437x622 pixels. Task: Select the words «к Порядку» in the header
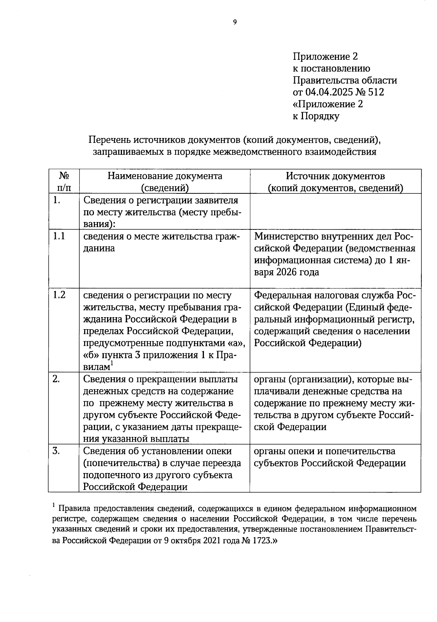(x=316, y=116)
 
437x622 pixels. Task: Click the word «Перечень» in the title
(x=110, y=140)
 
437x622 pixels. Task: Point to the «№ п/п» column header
(x=64, y=181)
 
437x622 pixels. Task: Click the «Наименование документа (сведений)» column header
(x=165, y=181)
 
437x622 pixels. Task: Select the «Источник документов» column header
(x=335, y=176)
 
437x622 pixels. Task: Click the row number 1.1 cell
(x=59, y=236)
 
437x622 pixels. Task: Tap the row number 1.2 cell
(x=59, y=295)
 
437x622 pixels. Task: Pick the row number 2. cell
(x=56, y=379)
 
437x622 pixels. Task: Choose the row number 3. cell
(x=56, y=451)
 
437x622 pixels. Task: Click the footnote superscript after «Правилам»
(x=112, y=363)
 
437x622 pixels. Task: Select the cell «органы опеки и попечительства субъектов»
(x=330, y=457)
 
